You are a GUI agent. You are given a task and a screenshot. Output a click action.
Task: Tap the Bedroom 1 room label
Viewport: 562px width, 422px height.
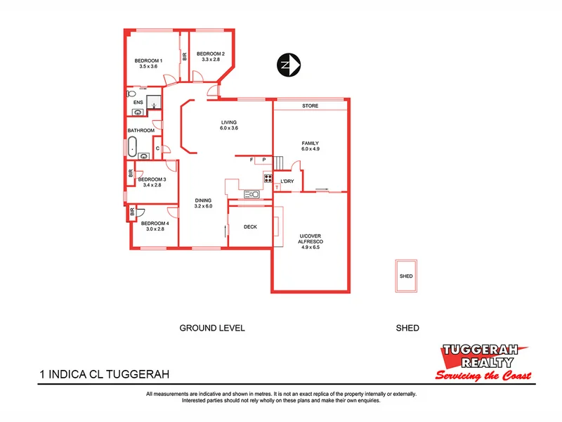point(148,63)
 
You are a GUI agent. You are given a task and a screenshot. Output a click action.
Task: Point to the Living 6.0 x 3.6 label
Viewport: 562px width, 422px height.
point(229,125)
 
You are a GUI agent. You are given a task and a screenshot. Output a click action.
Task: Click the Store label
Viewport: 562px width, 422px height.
point(310,105)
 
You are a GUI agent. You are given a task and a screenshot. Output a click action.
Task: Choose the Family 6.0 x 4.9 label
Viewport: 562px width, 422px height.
point(310,146)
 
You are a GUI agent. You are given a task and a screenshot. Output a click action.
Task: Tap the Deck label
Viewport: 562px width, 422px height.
point(250,227)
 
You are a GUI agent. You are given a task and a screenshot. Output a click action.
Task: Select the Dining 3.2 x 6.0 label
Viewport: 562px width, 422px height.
point(203,204)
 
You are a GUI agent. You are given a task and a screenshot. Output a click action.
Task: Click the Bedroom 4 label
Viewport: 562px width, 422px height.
point(155,226)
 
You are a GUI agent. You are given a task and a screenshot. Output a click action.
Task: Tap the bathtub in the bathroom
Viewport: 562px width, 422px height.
point(132,148)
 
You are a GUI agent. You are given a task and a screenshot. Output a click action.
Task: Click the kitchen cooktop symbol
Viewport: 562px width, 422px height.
point(268,179)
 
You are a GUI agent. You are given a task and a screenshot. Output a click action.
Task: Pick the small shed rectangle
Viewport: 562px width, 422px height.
point(406,276)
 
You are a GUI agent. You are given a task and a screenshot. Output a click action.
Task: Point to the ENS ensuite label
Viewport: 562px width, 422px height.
point(138,103)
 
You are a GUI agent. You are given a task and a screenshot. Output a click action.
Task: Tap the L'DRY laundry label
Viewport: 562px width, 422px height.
point(287,182)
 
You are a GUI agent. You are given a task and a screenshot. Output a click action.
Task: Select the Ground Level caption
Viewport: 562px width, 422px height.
point(211,328)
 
